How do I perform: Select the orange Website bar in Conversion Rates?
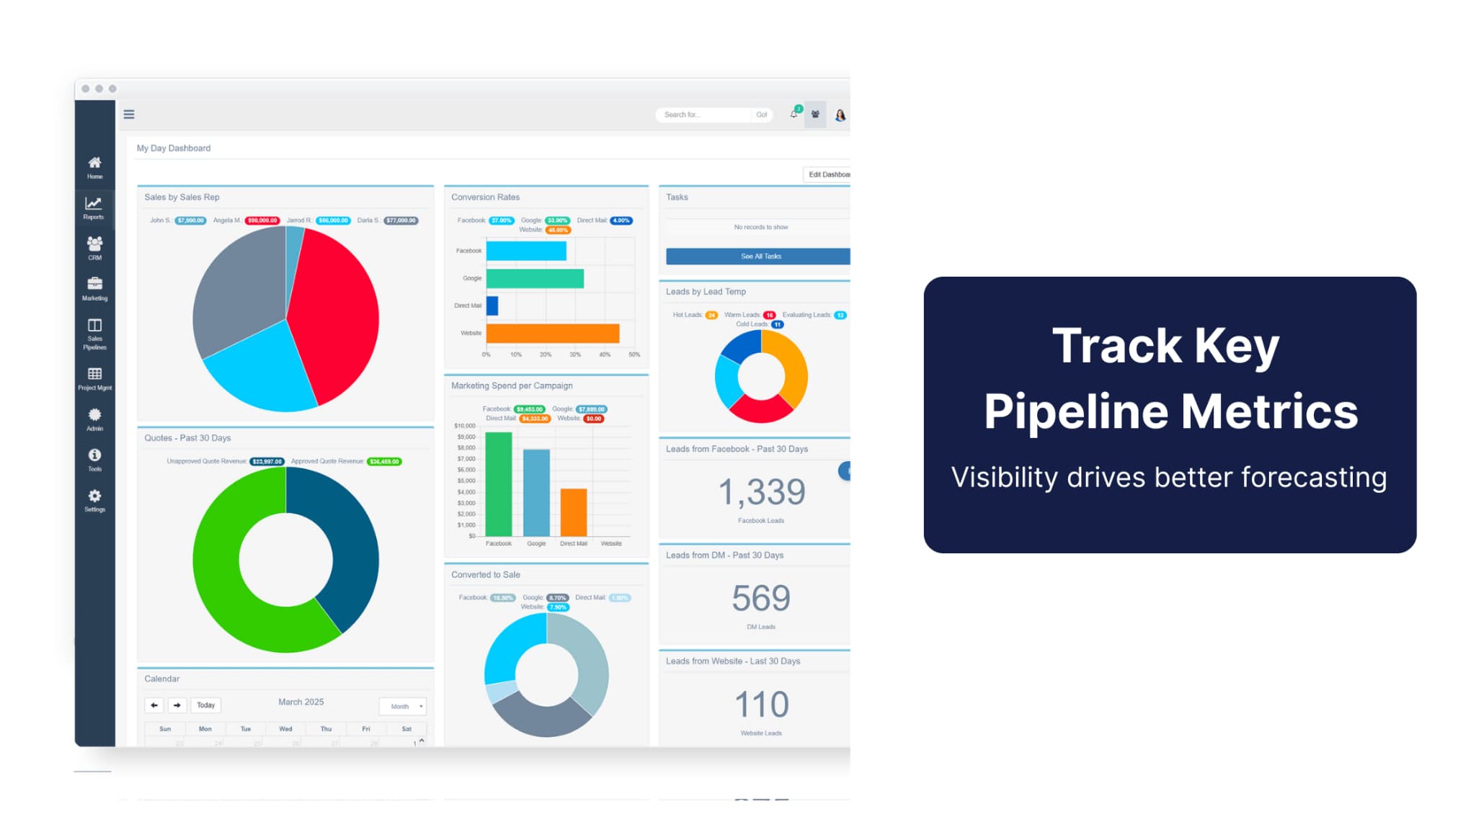pyautogui.click(x=552, y=333)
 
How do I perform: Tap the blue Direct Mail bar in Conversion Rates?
pyautogui.click(x=492, y=305)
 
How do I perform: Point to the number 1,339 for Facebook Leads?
pyautogui.click(x=761, y=492)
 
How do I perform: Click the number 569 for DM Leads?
pyautogui.click(x=761, y=598)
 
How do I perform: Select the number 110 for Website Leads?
pyautogui.click(x=761, y=704)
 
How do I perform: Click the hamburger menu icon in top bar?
pyautogui.click(x=129, y=115)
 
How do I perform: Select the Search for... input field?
pyautogui.click(x=703, y=115)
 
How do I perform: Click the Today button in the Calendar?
pyautogui.click(x=205, y=705)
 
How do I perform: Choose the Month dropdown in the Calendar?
pyautogui.click(x=403, y=706)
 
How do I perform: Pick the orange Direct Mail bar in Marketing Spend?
pyautogui.click(x=574, y=512)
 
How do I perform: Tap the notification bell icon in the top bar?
pyautogui.click(x=793, y=115)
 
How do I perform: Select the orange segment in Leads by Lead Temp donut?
pyautogui.click(x=793, y=367)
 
